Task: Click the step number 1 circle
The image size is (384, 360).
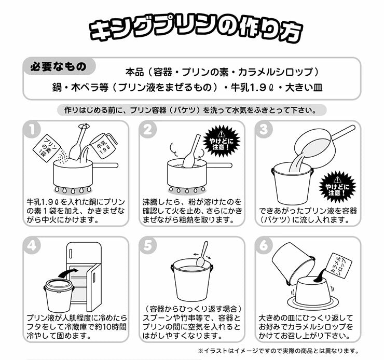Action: [32, 129]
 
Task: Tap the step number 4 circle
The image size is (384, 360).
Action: [32, 245]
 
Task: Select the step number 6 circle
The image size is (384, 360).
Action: [264, 245]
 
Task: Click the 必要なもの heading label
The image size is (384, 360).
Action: [59, 66]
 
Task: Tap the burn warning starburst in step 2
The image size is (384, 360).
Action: [222, 141]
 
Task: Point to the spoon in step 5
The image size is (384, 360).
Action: [202, 255]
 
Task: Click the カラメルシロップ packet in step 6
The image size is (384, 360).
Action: [340, 266]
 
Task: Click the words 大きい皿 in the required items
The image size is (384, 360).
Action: [304, 88]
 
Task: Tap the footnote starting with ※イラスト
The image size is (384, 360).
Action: [278, 351]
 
